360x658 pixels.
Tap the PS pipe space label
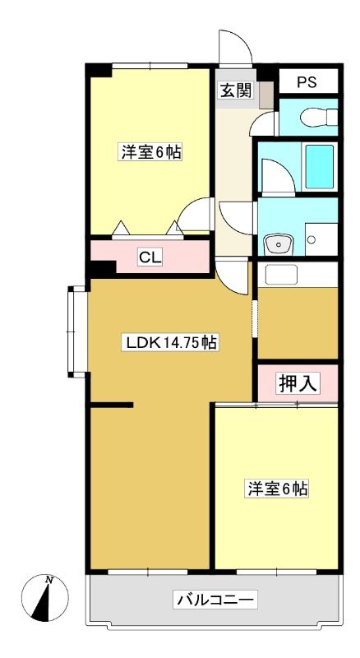point(307,81)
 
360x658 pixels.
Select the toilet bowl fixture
point(319,117)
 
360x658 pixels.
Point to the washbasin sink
point(278,244)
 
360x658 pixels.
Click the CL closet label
point(150,257)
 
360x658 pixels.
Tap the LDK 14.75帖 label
point(169,343)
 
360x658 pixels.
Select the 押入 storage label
point(298,382)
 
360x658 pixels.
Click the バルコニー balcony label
point(215,600)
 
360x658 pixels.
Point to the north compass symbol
point(45,598)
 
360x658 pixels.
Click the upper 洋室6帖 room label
point(151,152)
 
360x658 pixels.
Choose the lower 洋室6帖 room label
point(277,489)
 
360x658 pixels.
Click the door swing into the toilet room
point(264,124)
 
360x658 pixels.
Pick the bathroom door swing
point(279,177)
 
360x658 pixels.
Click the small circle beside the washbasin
point(311,239)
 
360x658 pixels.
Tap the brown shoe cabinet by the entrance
point(266,95)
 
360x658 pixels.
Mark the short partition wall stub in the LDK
point(112,405)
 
